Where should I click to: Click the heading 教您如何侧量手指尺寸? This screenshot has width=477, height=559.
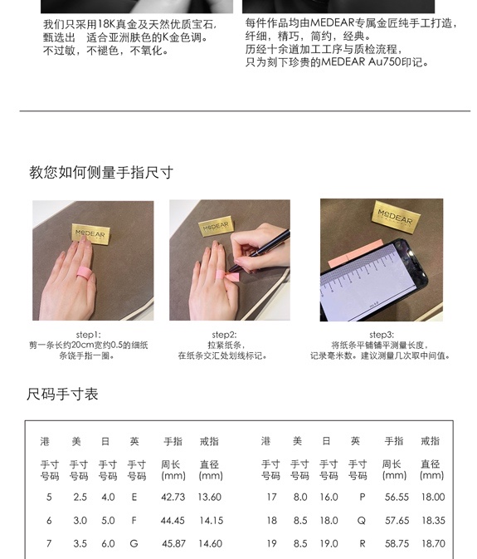coord(101,173)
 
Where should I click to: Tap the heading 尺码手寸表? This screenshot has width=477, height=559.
coord(62,394)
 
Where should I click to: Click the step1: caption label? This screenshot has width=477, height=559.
coord(88,335)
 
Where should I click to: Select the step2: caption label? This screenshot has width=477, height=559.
coord(224,335)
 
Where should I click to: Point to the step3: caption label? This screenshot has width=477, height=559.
coord(382,335)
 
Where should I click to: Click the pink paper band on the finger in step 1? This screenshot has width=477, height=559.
coord(85,274)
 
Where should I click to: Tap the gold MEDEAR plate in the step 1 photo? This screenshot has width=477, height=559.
coord(90,233)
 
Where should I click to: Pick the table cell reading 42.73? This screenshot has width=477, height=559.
coord(173,497)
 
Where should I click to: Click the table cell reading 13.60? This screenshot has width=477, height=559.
coord(210,497)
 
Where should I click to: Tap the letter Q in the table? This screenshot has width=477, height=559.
coord(362,521)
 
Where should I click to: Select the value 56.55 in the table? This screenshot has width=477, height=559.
coord(397,497)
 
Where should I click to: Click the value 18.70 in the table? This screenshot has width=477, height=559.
coord(433,544)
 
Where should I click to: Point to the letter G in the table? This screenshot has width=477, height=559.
coord(134,544)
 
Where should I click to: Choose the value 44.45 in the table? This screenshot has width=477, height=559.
coord(173,521)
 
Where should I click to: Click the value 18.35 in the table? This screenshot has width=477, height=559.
coord(433,521)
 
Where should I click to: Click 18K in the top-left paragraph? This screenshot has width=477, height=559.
coord(106,24)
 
